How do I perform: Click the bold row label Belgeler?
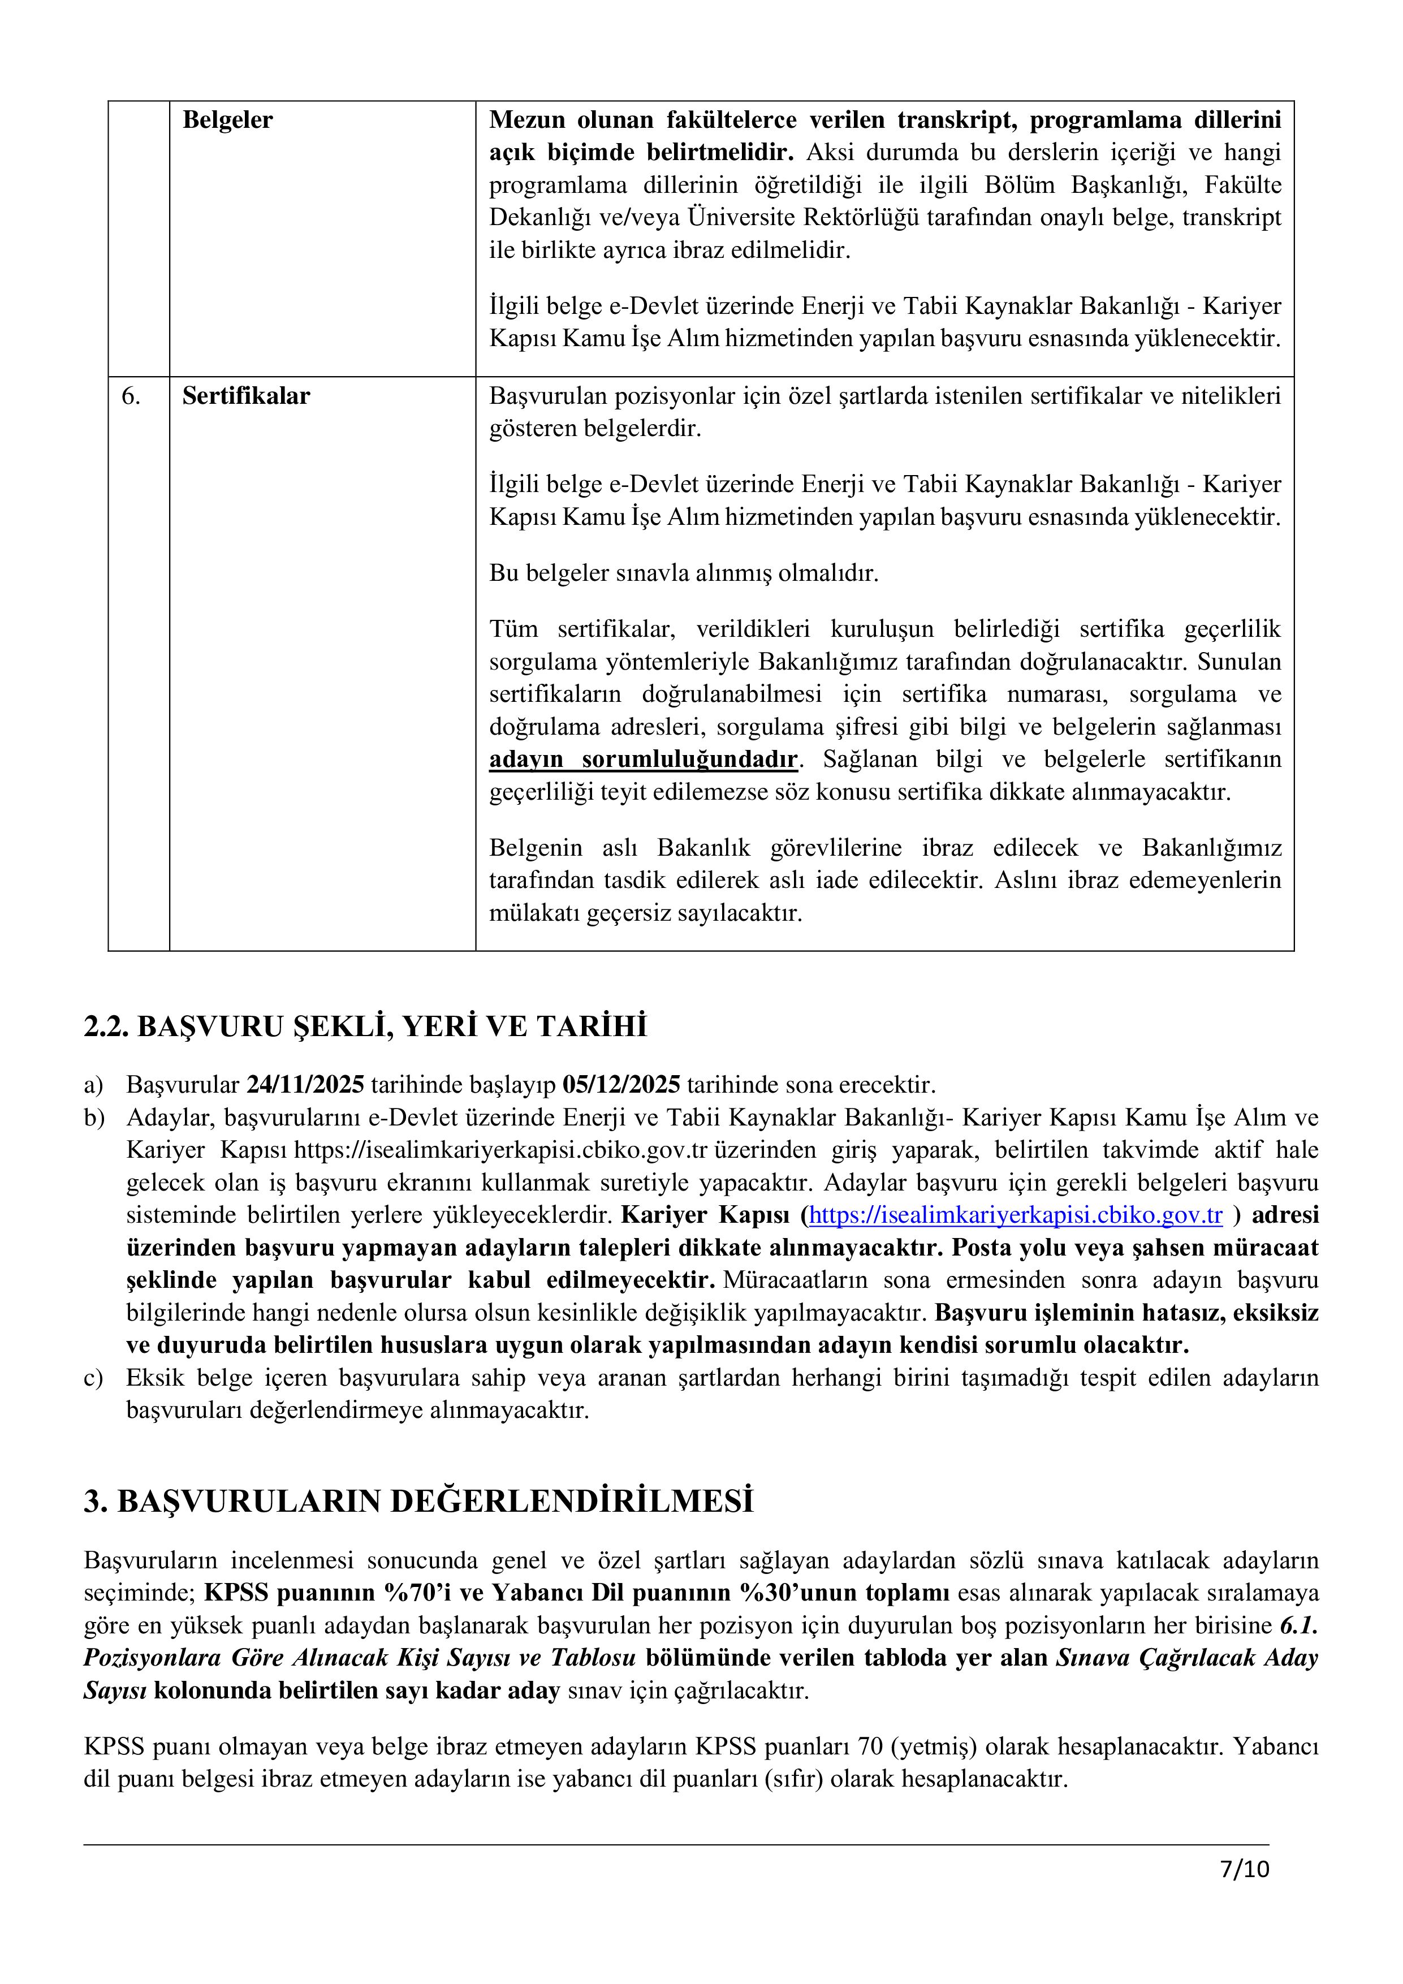click(x=227, y=120)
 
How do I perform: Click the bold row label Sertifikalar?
click(x=245, y=396)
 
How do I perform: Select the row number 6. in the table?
click(x=131, y=396)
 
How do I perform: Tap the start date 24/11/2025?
click(x=305, y=1084)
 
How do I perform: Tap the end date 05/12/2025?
click(x=621, y=1084)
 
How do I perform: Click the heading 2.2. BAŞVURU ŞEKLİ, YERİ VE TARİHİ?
click(x=365, y=1026)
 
